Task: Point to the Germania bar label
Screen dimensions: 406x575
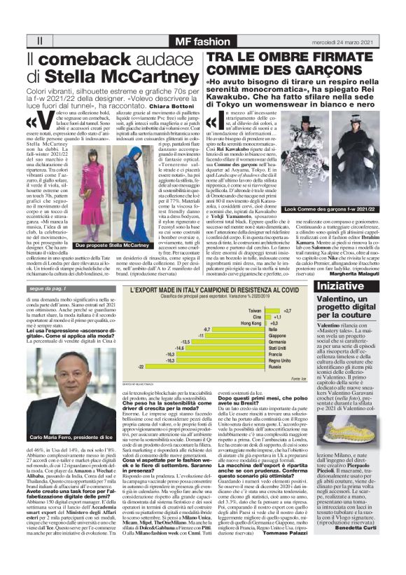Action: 278,341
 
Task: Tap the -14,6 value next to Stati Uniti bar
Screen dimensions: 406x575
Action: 179,348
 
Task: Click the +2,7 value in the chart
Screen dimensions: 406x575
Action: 288,310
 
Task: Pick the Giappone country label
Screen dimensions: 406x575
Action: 278,335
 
